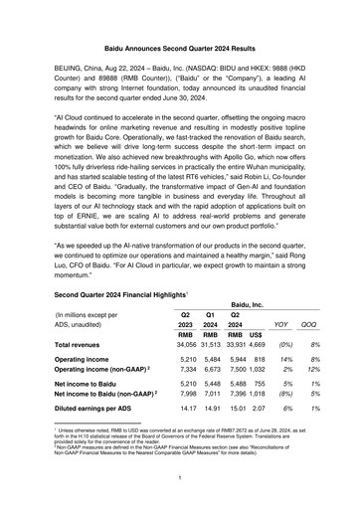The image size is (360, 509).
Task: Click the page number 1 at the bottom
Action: click(x=179, y=477)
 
